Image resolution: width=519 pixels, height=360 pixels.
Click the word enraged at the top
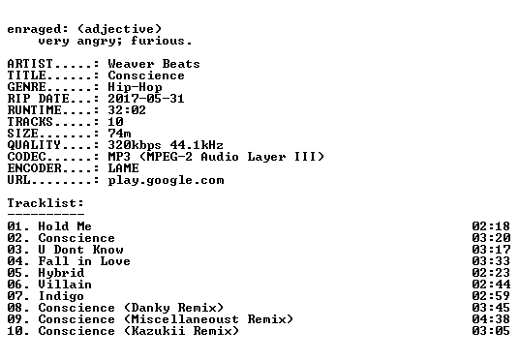click(34, 30)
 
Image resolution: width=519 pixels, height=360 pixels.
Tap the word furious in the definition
click(158, 41)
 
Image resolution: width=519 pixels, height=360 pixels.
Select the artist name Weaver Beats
click(154, 64)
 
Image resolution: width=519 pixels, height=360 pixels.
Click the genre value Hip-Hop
click(135, 87)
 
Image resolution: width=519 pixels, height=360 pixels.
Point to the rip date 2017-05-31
click(146, 99)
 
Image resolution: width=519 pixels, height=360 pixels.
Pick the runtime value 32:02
click(127, 110)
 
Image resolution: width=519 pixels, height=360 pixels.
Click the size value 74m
click(119, 134)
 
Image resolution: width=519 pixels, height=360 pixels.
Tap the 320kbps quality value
click(135, 145)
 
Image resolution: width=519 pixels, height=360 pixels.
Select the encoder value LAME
click(124, 168)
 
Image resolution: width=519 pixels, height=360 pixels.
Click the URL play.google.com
click(166, 180)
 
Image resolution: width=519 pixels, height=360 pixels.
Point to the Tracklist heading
click(46, 203)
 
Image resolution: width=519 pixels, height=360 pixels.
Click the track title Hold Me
click(65, 226)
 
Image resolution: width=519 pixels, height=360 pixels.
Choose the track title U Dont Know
click(80, 250)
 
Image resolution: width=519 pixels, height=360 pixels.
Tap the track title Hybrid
click(61, 273)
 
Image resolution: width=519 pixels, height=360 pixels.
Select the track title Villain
click(65, 285)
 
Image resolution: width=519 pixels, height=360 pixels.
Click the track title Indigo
click(61, 296)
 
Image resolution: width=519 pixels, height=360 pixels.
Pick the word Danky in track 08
click(151, 308)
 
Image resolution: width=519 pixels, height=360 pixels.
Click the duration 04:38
click(491, 319)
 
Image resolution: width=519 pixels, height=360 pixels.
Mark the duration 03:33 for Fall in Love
click(491, 261)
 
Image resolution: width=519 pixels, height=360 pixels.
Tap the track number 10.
click(15, 331)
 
